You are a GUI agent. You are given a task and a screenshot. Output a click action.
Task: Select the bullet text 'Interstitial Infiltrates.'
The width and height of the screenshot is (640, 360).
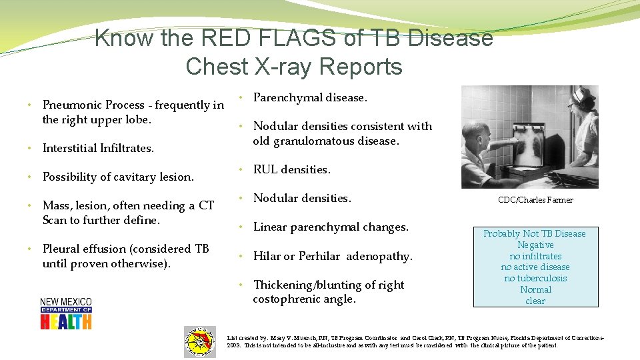pyautogui.click(x=98, y=148)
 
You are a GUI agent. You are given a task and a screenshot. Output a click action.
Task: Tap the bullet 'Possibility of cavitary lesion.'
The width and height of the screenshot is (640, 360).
pyautogui.click(x=118, y=177)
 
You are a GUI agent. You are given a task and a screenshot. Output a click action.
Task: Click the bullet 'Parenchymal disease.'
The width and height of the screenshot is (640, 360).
pyautogui.click(x=310, y=97)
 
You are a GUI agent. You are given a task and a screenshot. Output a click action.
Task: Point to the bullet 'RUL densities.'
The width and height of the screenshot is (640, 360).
pyautogui.click(x=291, y=169)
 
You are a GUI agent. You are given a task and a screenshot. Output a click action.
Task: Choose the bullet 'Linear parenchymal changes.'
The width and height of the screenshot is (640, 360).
pyautogui.click(x=331, y=227)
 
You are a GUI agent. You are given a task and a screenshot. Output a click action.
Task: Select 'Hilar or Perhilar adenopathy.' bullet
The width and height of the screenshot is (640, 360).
pyautogui.click(x=333, y=256)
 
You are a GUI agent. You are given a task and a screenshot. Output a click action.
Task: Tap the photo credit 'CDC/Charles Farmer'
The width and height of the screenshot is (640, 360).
pyautogui.click(x=535, y=200)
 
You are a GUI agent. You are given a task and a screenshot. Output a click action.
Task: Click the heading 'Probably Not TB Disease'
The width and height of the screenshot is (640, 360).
pyautogui.click(x=535, y=233)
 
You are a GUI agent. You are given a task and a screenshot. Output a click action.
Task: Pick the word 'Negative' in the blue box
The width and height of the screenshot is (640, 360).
pyautogui.click(x=535, y=245)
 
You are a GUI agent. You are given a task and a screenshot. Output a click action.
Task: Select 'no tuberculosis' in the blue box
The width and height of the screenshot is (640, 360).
pyautogui.click(x=535, y=279)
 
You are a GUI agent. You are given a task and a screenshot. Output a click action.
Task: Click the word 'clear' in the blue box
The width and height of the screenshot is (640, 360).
pyautogui.click(x=535, y=301)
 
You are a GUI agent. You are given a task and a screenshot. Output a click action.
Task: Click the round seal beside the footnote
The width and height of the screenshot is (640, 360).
pyautogui.click(x=200, y=342)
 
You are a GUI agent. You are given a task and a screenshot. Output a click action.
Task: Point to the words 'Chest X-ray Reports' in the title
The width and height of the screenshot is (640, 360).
pyautogui.click(x=294, y=67)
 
